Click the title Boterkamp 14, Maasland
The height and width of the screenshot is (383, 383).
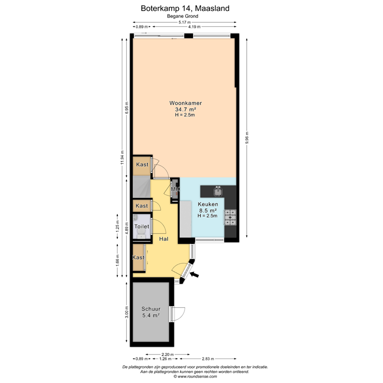coord(185,8)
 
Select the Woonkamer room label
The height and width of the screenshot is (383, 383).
coord(185,103)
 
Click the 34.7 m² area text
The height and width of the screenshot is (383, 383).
coord(185,109)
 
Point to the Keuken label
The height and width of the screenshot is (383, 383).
coord(207,204)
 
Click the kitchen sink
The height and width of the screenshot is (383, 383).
coord(217,191)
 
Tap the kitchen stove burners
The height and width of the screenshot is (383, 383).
coord(231,216)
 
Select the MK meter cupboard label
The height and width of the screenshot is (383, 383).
coord(175,190)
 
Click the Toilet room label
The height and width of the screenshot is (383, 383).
coord(141,226)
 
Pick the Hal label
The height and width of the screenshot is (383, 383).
coord(164,239)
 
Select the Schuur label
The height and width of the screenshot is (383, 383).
coord(150,309)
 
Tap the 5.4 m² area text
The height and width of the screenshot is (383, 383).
coord(150,315)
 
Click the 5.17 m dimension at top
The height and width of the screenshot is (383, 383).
coord(185,22)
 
